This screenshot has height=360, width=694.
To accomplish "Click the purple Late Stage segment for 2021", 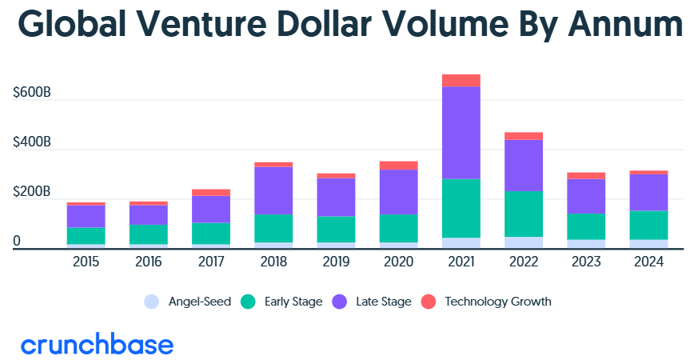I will (x=461, y=132).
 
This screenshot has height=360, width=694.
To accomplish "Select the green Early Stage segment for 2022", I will (x=523, y=214).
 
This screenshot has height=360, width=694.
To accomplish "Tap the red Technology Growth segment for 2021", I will (x=461, y=80).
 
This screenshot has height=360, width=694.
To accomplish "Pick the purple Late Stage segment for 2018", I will (x=274, y=190).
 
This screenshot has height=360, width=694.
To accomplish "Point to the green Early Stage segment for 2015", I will (x=86, y=235).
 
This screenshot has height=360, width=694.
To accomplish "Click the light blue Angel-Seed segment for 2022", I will (x=523, y=242).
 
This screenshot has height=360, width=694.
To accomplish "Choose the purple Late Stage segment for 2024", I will (x=648, y=192).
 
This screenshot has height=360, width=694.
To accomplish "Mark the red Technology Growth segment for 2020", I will (x=398, y=165).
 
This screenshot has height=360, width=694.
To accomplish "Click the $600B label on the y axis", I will (x=32, y=94).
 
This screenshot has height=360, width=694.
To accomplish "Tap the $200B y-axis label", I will (x=32, y=193).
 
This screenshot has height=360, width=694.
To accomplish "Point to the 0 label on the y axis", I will (x=16, y=242).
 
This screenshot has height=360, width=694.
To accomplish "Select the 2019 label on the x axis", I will (x=336, y=262).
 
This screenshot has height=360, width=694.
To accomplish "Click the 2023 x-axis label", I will (x=585, y=262).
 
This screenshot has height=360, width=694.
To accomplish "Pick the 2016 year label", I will (x=149, y=262).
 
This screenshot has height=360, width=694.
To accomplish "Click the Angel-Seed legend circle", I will (x=151, y=302).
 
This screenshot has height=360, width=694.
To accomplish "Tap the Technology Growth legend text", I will (x=497, y=302).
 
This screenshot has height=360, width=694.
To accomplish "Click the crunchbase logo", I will (x=97, y=345).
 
